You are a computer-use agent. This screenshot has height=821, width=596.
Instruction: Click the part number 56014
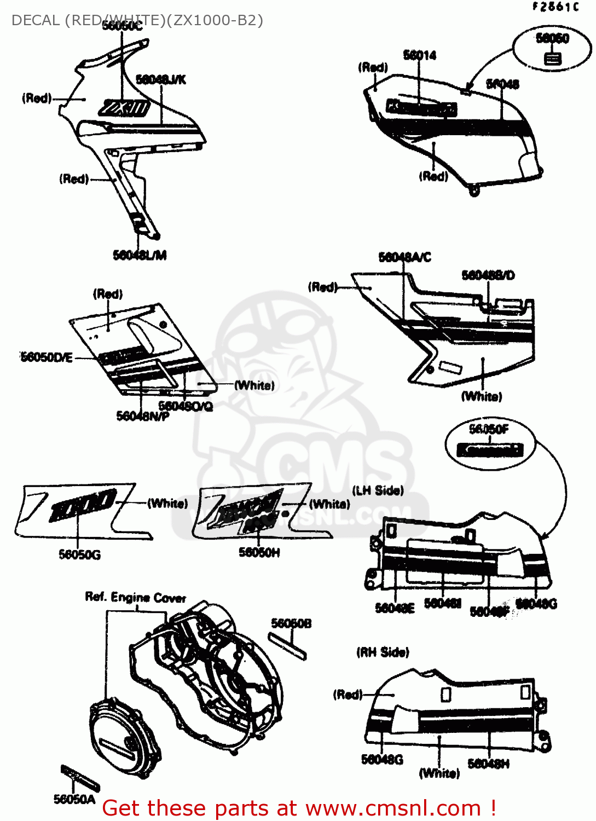(x=420, y=55)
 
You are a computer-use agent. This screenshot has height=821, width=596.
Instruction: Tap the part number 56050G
(x=80, y=555)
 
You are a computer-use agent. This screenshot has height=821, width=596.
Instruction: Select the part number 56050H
(x=259, y=553)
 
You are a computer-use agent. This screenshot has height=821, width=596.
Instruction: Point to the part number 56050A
(x=74, y=800)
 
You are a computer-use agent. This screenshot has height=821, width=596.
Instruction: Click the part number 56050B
(x=291, y=623)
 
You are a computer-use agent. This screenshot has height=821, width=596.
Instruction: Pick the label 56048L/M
(x=140, y=255)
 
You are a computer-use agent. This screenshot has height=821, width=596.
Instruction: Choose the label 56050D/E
(x=47, y=357)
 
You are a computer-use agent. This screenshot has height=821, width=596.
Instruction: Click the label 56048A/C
(x=405, y=257)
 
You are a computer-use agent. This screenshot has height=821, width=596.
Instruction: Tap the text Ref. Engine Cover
(x=135, y=597)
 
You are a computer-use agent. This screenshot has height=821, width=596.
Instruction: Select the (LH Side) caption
(x=378, y=490)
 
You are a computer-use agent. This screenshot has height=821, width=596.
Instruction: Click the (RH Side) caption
(x=383, y=652)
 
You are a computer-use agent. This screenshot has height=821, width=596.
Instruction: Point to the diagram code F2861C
(x=555, y=7)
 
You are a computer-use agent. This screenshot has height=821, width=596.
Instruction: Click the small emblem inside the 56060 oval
(x=553, y=58)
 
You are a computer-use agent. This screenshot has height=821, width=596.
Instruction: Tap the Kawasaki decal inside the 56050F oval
(x=490, y=450)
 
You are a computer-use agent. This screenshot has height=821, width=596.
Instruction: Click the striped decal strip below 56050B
(x=287, y=646)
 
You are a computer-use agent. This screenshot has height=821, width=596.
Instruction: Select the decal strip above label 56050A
(x=80, y=778)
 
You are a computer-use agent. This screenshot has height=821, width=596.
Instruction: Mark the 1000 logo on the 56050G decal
(x=82, y=505)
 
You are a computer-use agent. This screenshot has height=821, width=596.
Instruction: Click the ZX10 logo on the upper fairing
(x=125, y=108)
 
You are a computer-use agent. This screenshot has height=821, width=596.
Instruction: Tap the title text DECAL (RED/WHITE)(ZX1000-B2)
(x=137, y=21)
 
